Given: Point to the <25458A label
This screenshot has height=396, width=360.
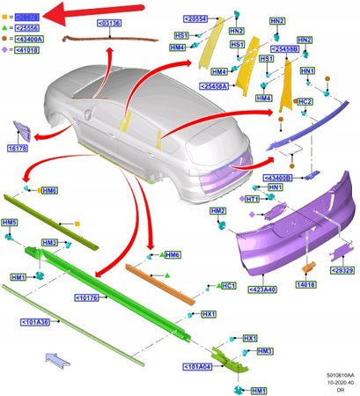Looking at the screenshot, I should [215, 86].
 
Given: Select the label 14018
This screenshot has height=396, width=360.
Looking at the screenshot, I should [306, 285].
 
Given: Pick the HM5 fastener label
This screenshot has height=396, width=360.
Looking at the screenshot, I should [11, 223].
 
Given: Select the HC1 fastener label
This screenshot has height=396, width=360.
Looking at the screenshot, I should [227, 286].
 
